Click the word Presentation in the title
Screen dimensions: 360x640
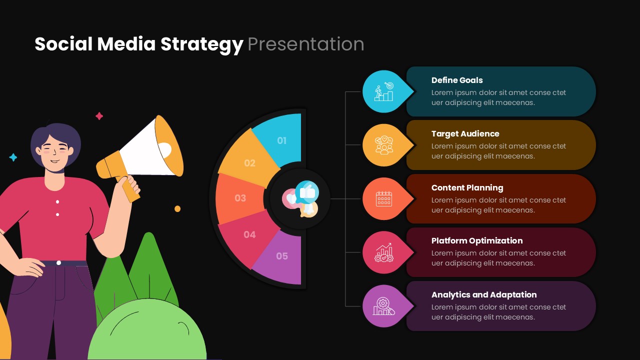tap(305, 44)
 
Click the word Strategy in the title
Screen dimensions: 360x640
tap(201, 44)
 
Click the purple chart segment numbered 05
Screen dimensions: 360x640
tap(282, 256)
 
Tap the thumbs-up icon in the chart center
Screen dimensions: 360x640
tap(306, 192)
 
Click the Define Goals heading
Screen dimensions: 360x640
tap(456, 80)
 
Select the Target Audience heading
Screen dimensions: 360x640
tap(465, 133)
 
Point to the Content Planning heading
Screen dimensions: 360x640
tap(467, 187)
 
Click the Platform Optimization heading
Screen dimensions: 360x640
tap(476, 240)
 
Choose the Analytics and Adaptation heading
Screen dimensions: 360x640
tap(483, 294)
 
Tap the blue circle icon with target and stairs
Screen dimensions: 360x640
tap(383, 91)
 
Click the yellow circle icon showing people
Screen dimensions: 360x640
tap(383, 145)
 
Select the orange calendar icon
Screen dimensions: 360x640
tap(383, 199)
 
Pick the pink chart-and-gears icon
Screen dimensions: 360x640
tap(383, 252)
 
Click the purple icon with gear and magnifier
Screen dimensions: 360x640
tap(383, 306)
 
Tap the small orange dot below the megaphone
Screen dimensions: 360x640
tap(177, 209)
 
